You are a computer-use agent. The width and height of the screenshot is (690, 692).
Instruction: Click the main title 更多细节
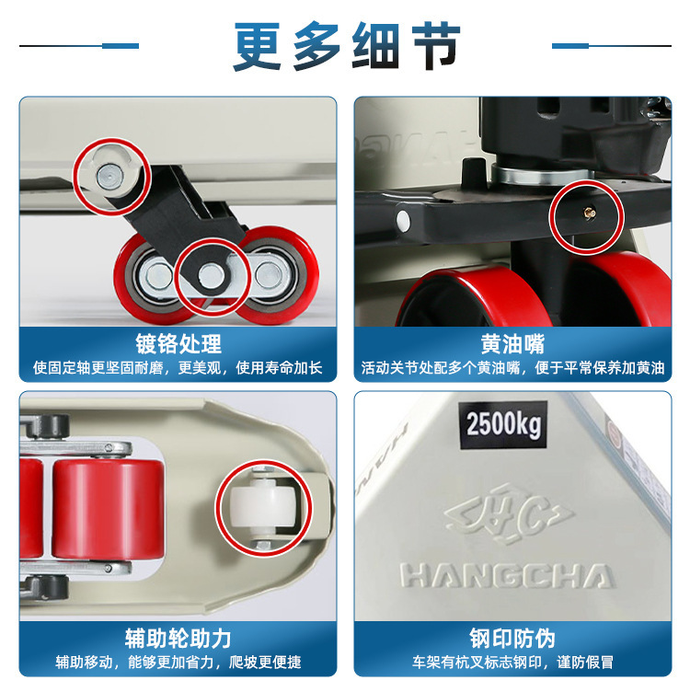tap(347, 45)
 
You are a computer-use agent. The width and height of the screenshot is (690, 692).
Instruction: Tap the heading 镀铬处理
tap(178, 344)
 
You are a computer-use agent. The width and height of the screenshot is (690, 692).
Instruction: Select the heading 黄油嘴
tap(512, 344)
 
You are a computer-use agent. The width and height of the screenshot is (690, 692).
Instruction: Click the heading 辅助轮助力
tap(178, 638)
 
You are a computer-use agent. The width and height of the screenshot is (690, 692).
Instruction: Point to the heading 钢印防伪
tap(512, 638)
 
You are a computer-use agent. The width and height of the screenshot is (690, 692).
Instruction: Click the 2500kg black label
tap(503, 425)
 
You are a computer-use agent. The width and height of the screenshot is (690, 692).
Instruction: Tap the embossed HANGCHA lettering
tap(507, 575)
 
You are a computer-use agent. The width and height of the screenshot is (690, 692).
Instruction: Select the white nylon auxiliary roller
tap(263, 505)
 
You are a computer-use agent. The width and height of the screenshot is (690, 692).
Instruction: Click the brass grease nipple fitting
tap(589, 213)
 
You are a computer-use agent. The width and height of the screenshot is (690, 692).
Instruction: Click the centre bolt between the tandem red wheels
tap(211, 274)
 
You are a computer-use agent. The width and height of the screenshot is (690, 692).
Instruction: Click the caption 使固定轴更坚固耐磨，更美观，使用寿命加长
tap(178, 367)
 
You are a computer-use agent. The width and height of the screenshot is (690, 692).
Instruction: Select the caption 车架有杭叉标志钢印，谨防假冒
tap(512, 662)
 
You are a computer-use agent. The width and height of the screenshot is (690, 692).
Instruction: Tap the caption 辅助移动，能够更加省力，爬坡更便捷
tap(178, 662)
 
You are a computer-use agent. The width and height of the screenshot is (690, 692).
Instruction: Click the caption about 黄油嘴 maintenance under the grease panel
tap(512, 367)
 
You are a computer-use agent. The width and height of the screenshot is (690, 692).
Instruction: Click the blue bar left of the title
tap(121, 46)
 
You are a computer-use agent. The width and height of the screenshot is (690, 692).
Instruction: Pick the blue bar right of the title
tap(570, 46)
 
